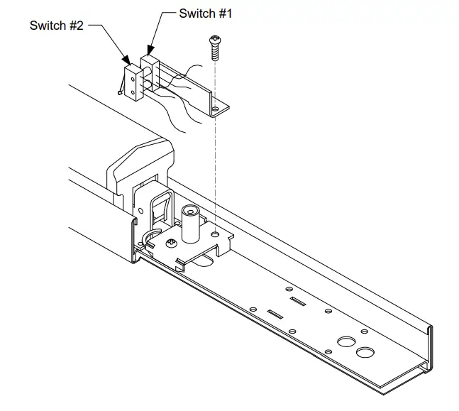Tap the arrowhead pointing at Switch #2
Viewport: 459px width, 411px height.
pyautogui.click(x=126, y=61)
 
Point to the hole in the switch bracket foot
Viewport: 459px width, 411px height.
pyautogui.click(x=216, y=109)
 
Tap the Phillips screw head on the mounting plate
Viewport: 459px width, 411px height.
pyautogui.click(x=171, y=243)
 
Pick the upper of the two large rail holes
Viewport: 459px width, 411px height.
pyautogui.click(x=345, y=341)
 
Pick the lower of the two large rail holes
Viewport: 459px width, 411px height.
pyautogui.click(x=365, y=353)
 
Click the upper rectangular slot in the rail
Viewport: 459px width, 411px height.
pyautogui.click(x=298, y=302)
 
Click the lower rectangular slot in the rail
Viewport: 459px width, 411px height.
pyautogui.click(x=274, y=312)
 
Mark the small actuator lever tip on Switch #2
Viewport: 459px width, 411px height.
pyautogui.click(x=118, y=92)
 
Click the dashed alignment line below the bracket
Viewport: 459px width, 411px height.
pyautogui.click(x=215, y=170)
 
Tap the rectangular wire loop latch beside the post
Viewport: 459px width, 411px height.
pyautogui.click(x=160, y=209)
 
